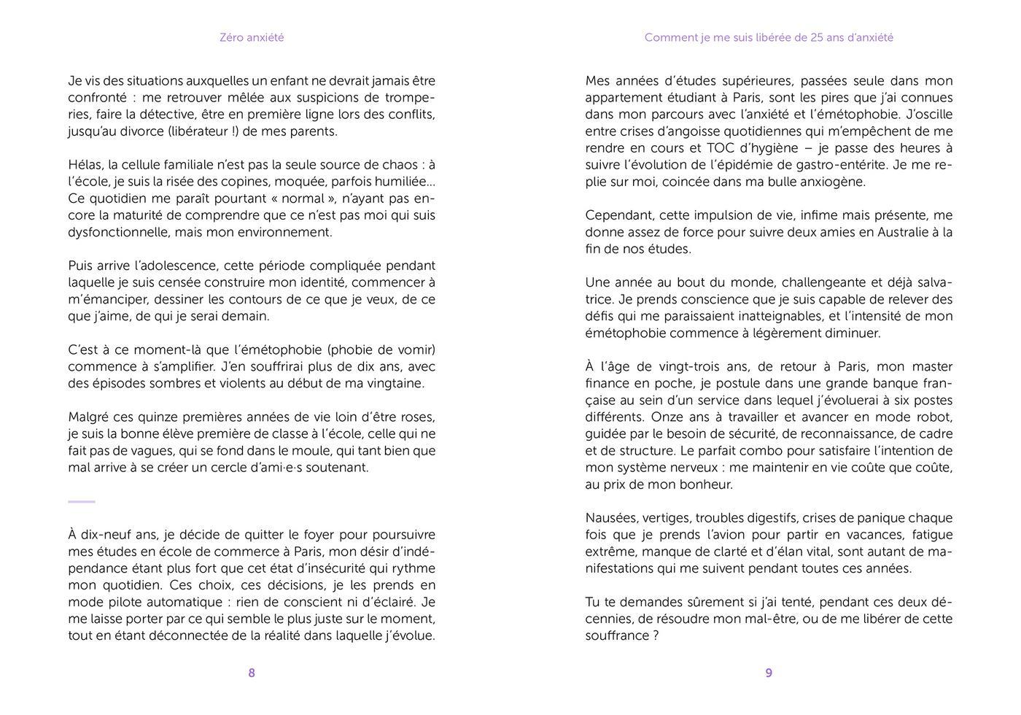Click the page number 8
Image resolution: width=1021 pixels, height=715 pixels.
coord(252,673)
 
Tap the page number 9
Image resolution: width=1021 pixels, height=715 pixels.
coord(769,673)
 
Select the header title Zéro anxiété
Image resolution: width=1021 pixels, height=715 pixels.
coord(252,37)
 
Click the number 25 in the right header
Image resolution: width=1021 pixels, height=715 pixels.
coord(817,37)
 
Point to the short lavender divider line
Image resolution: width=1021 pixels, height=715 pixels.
coord(82,501)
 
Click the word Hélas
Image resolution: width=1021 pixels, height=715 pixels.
coord(85,165)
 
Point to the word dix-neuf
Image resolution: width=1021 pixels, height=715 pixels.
coord(108,535)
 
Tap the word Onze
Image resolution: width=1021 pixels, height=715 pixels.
coord(666,417)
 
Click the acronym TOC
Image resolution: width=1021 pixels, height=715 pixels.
coord(721,148)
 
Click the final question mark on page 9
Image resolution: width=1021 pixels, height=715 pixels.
coord(656,635)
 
